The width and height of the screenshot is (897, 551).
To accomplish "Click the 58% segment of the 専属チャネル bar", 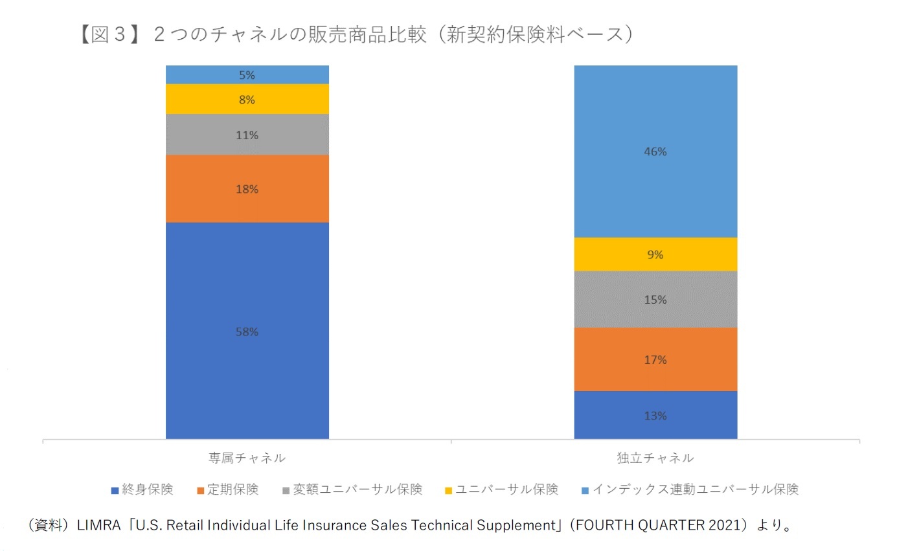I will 247,331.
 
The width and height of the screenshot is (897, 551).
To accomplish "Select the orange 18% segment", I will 247,188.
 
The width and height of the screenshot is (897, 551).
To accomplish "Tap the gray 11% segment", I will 247,135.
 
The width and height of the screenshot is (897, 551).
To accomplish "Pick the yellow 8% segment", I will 247,99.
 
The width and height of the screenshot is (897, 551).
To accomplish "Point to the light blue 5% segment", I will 247,74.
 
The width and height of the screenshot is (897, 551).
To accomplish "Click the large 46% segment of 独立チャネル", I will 655,152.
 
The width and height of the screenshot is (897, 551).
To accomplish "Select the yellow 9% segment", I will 655,254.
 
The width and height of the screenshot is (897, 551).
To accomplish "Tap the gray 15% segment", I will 655,299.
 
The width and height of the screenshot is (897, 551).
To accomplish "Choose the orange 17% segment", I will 655,359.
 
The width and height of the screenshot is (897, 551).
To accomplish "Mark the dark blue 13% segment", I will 655,415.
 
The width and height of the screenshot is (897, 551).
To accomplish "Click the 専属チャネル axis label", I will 247,458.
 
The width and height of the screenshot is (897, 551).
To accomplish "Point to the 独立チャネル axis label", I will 655,458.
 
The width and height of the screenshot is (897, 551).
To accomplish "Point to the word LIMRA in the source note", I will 98,525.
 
